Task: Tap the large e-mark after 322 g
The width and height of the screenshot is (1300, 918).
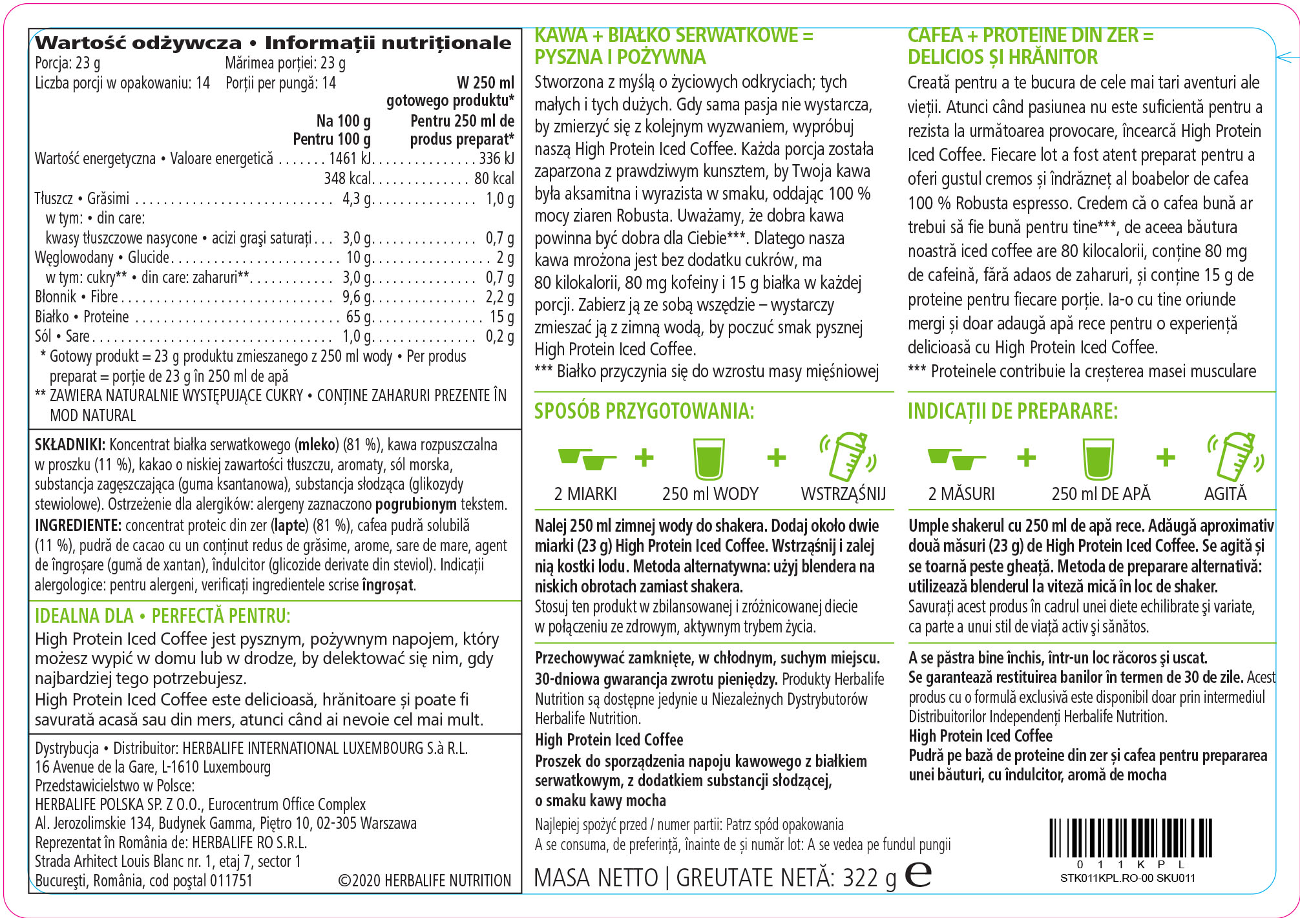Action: tap(918, 874)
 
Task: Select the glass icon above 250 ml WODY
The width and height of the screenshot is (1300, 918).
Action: tap(709, 458)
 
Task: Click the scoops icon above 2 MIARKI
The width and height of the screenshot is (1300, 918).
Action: tap(586, 458)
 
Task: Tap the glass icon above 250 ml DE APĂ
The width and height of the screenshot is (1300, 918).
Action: tap(1098, 458)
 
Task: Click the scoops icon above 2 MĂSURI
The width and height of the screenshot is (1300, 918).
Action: tap(956, 459)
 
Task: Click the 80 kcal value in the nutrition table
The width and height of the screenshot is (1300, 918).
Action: tap(494, 178)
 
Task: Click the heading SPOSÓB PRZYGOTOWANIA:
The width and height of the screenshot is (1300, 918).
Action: tap(644, 411)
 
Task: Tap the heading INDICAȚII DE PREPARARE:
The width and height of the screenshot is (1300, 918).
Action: tap(1012, 411)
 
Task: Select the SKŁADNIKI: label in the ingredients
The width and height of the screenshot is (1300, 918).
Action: tap(70, 445)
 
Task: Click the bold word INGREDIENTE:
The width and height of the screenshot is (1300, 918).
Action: tap(78, 525)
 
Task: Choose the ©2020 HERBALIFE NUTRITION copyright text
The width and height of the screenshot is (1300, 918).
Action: tap(424, 881)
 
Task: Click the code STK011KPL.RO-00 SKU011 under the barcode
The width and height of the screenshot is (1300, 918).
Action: tap(1127, 878)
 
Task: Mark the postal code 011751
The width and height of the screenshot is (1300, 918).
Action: tap(231, 881)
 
